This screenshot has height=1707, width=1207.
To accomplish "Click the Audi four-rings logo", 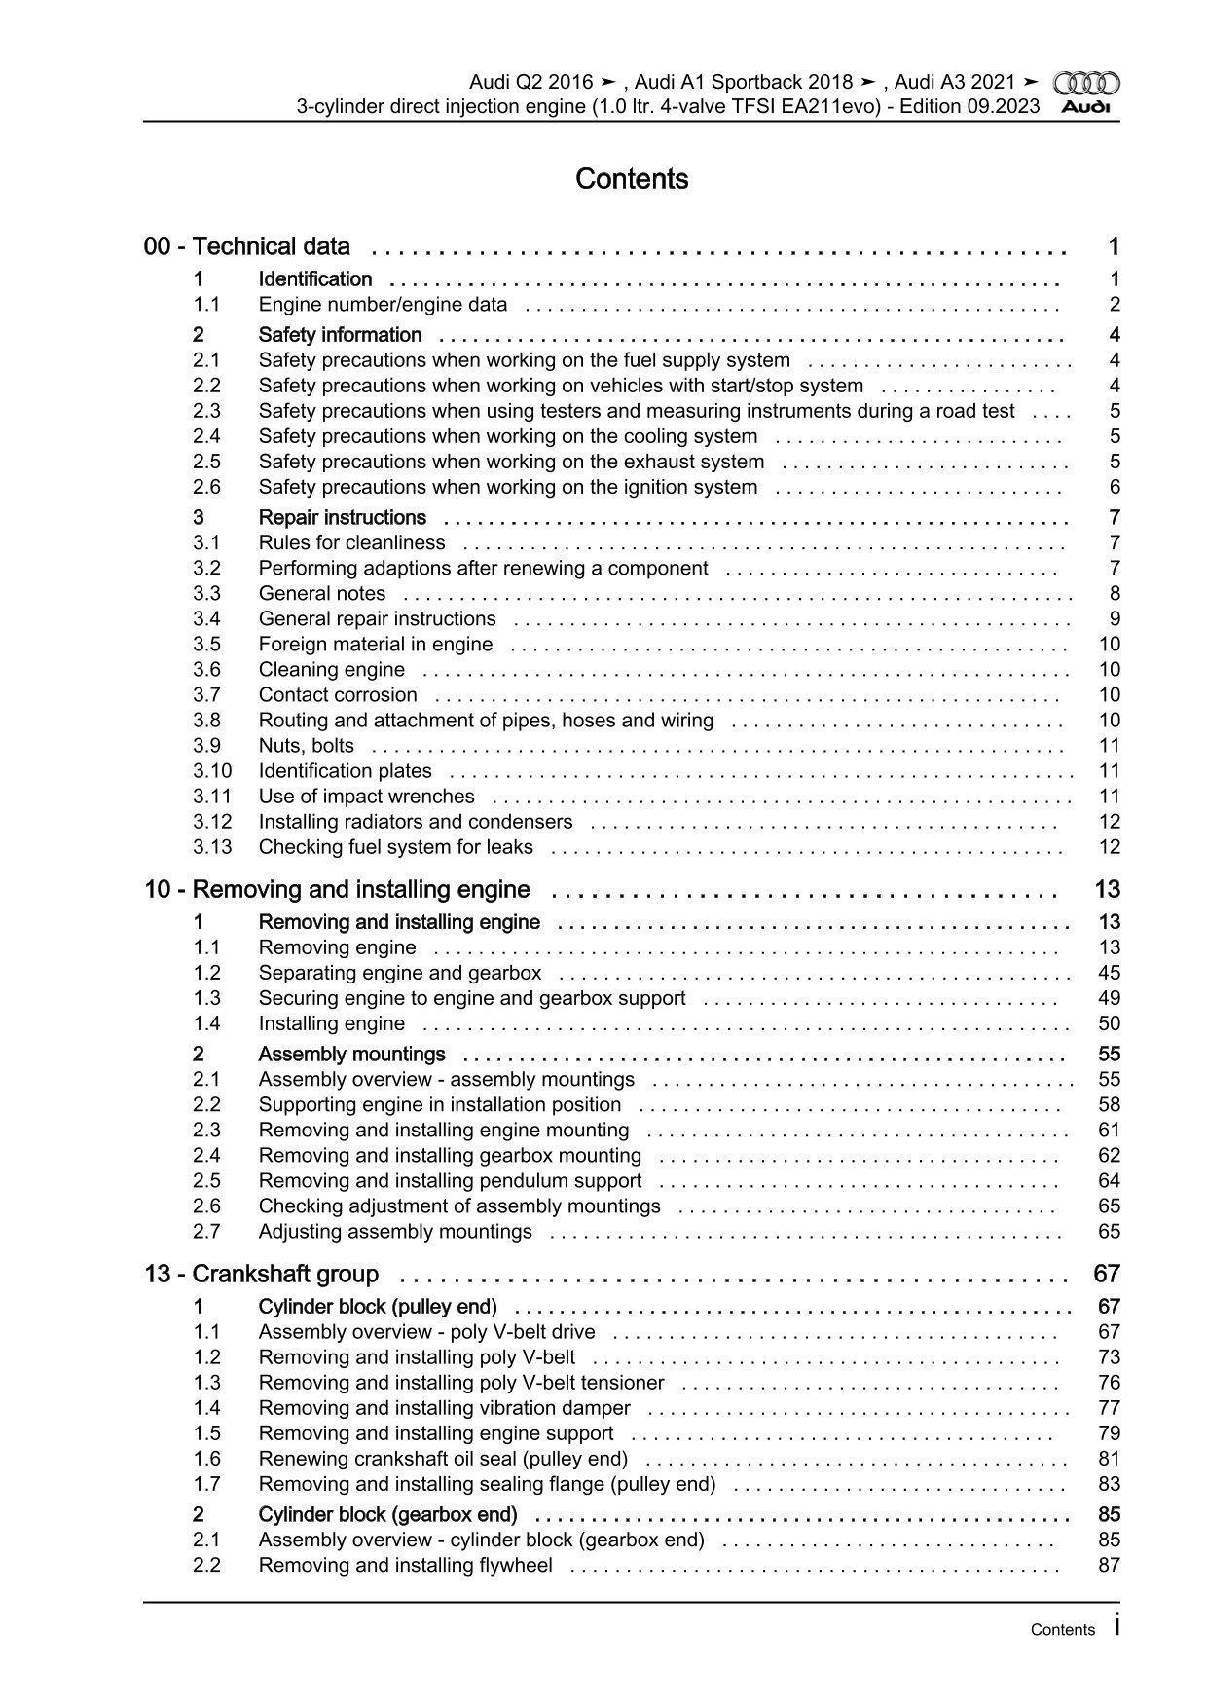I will (1086, 84).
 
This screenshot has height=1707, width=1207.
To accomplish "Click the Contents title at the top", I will (632, 179).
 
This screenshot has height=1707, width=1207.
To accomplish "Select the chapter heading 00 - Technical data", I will (247, 246).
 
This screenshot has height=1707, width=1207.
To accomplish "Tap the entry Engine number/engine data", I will (383, 304).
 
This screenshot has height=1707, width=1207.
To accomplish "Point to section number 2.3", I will (206, 411).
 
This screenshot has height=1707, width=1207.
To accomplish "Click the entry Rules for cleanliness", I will (351, 542).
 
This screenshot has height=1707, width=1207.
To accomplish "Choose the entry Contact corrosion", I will (338, 694).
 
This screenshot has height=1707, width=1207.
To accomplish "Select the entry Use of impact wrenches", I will (366, 796).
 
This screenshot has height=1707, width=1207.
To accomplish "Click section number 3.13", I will (212, 846).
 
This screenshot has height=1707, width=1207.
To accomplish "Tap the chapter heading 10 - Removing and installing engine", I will (338, 889).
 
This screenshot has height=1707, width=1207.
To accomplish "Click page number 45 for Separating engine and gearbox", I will (1109, 972).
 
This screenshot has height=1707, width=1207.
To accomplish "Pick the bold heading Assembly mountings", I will (351, 1054).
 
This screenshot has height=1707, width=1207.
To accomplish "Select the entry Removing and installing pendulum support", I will (450, 1180).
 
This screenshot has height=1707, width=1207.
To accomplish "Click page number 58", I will (1109, 1104).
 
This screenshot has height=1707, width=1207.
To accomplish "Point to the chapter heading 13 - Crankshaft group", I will (262, 1274).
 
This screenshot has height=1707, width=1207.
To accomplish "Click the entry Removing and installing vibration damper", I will (444, 1407).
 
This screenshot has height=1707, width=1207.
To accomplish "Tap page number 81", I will (1109, 1458).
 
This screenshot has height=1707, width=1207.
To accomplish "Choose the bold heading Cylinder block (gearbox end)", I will (387, 1514).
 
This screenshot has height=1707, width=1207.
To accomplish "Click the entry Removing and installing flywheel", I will (405, 1565).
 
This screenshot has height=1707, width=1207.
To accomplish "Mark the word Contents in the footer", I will (1062, 1630).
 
